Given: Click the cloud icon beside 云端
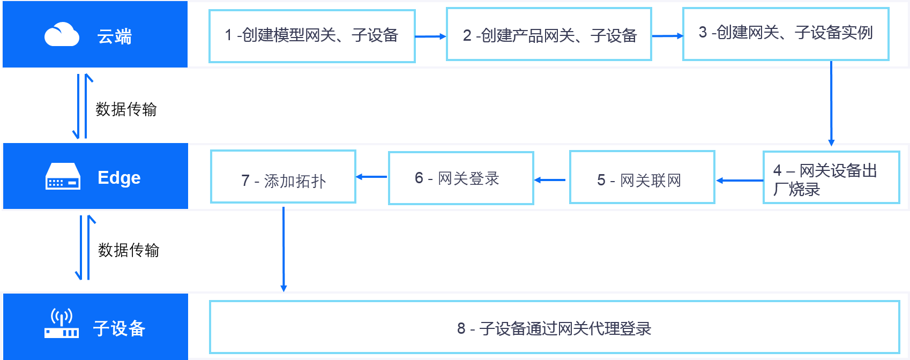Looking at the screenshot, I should tap(62, 35).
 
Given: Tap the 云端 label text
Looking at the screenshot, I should tap(114, 36).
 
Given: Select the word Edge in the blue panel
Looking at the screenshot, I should tap(119, 177).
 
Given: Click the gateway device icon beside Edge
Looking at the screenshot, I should tap(63, 177).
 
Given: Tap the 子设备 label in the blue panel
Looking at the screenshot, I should tap(119, 328).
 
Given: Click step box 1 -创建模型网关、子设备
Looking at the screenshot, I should tap(312, 36).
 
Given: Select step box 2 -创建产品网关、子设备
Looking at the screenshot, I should tap(549, 35).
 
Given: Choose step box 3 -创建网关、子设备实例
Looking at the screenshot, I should tap(786, 34).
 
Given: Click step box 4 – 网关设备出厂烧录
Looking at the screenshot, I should tap(831, 178).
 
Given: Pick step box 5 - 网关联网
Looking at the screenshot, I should tap(642, 178).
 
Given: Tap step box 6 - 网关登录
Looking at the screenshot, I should tap(461, 178).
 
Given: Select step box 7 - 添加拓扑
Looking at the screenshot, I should tap(283, 177).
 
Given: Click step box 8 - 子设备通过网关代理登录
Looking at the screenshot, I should tap(554, 327).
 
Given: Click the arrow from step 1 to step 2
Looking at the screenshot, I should tap(430, 36).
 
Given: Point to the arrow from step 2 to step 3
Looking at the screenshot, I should tap(667, 36).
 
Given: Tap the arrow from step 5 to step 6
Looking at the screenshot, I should tap(551, 180).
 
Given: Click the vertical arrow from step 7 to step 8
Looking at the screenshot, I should tap(284, 249).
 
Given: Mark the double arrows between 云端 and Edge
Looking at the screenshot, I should tap(83, 106).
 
